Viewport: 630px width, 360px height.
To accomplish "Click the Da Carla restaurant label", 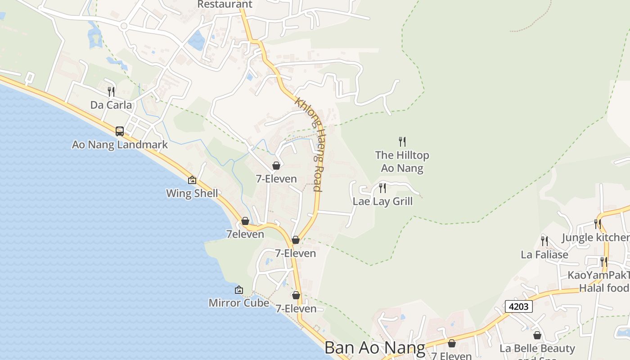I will pos(111,105).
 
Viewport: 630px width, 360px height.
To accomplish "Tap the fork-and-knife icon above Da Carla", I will pos(111,92).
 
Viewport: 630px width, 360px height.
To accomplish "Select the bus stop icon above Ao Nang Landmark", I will pos(120,131).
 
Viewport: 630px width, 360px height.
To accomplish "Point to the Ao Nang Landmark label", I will pos(120,145).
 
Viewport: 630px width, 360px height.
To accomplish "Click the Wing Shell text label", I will pos(192,193).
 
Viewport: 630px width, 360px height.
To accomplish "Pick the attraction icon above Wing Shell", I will pos(192,180).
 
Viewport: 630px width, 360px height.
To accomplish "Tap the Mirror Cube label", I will pos(238,303).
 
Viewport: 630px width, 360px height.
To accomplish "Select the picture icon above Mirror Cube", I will pos(239,290).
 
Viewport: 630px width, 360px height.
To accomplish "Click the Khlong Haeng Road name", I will pos(310,144).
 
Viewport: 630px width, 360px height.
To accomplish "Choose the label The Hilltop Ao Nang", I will pos(402,162).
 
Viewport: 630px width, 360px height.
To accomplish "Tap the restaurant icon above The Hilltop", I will pos(402,142).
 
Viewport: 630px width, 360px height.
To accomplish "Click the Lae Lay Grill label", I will pos(382,201).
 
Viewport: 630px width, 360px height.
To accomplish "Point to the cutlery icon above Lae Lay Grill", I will pos(382,188).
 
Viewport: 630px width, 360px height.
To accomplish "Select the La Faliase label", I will pos(544,255).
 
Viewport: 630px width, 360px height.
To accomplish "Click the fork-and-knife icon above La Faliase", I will pos(544,241).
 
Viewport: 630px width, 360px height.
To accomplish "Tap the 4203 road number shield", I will pos(519,307).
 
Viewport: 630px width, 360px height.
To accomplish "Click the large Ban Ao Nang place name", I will pos(374,348).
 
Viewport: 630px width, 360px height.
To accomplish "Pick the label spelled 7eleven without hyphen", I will pos(245,234).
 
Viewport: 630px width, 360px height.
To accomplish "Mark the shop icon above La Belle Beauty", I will pos(537,335).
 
